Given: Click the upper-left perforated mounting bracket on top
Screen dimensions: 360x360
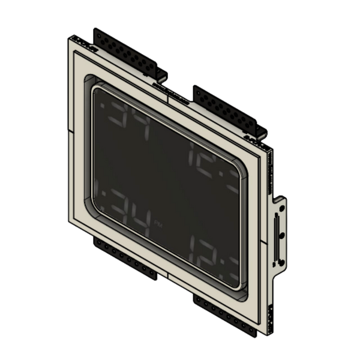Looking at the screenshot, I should [129, 52].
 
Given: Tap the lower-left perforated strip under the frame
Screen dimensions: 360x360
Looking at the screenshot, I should [123, 255].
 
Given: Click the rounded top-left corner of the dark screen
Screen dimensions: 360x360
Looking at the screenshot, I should [96, 88].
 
